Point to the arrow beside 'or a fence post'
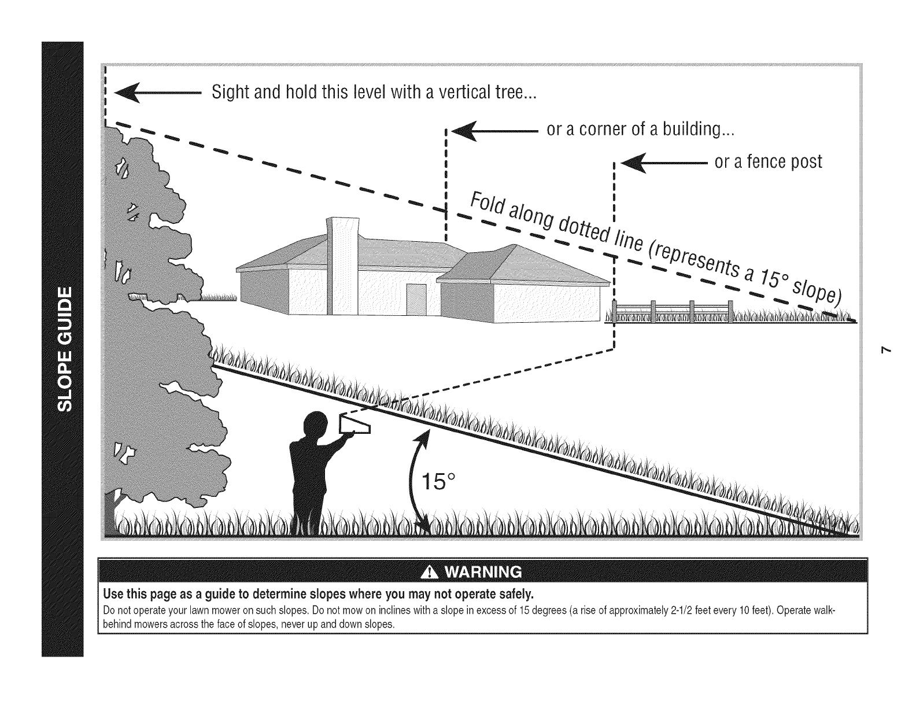663,163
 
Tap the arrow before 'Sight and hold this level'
156,93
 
